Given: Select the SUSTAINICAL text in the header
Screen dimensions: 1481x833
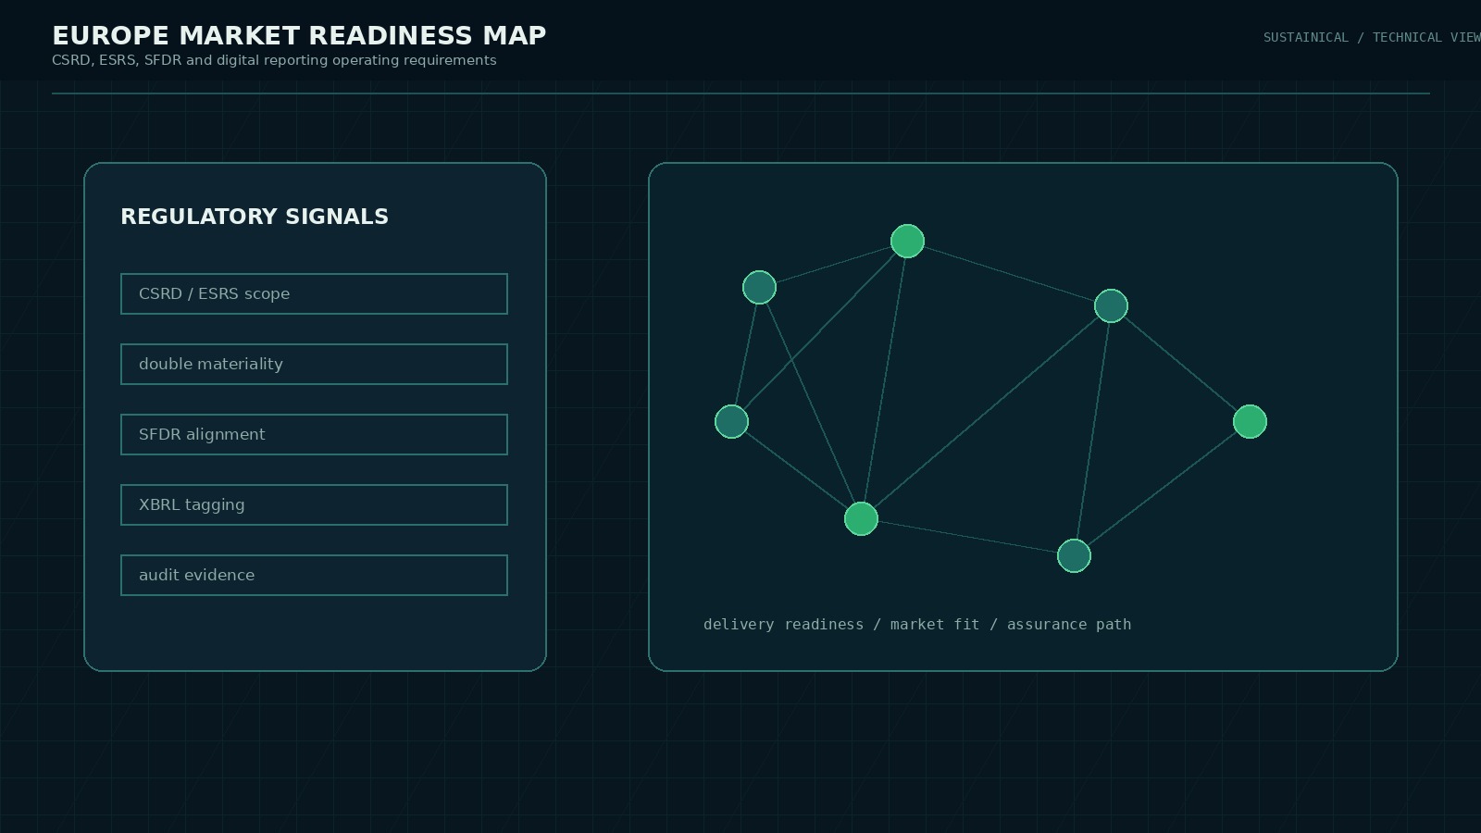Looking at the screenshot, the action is [1306, 38].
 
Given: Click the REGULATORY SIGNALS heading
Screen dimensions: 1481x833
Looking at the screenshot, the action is [255, 217].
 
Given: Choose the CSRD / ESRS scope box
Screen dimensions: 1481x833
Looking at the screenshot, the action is [314, 293].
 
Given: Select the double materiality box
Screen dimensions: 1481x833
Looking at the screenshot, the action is [314, 364].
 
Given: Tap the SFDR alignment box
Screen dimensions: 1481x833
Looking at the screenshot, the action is [314, 434].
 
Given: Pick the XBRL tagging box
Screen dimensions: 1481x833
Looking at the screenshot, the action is [314, 504].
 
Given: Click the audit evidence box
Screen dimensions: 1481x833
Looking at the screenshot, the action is [314, 575].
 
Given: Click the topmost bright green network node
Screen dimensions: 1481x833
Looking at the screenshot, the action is [907, 241].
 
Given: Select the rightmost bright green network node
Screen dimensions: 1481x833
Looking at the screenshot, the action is [1250, 422].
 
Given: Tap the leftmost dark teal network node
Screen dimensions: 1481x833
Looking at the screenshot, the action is [731, 422].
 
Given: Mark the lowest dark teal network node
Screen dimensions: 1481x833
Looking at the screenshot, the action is [1074, 556].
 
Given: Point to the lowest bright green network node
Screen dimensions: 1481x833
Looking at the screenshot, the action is [861, 519].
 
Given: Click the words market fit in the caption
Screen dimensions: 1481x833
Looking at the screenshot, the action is [935, 625].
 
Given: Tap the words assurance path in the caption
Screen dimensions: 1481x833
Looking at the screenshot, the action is [1069, 625].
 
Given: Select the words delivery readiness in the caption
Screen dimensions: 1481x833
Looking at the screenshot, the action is [783, 625].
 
